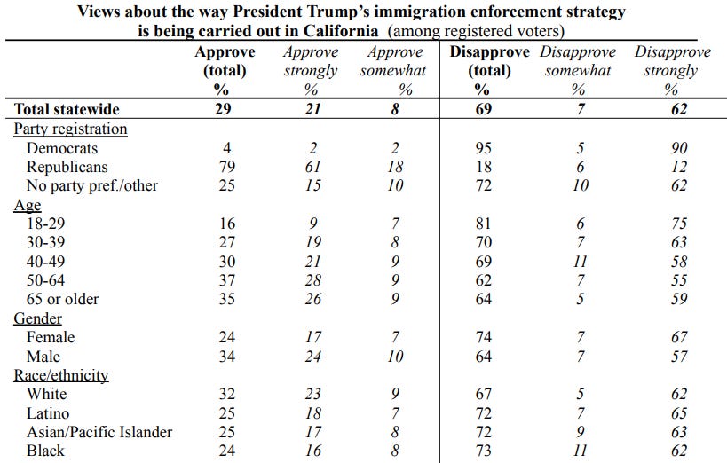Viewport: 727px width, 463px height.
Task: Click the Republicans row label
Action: pyautogui.click(x=67, y=167)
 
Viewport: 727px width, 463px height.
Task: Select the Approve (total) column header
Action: pyautogui.click(x=225, y=61)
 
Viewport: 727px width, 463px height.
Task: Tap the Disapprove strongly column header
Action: pyautogui.click(x=672, y=61)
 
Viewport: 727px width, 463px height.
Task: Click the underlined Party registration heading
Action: pyautogui.click(x=70, y=129)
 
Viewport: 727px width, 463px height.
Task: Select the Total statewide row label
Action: pyautogui.click(x=67, y=109)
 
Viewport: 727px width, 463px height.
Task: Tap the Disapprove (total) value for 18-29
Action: pyautogui.click(x=482, y=224)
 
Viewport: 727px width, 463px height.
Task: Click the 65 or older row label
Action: pyautogui.click(x=63, y=299)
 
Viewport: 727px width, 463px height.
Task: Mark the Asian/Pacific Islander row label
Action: pyautogui.click(x=99, y=432)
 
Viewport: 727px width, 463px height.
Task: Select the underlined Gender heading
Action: pyautogui.click(x=37, y=318)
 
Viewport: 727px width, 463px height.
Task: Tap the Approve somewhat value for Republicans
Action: pyautogui.click(x=396, y=167)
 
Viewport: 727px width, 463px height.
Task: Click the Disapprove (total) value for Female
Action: pyautogui.click(x=482, y=337)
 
